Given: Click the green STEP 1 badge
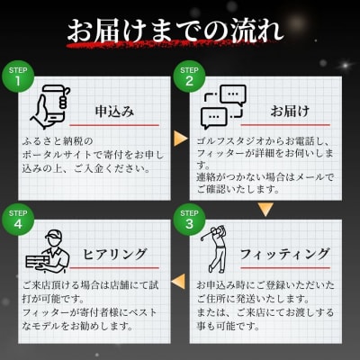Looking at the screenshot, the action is tap(18, 76).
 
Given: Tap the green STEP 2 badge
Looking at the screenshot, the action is tap(189, 76).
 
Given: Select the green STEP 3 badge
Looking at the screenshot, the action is tap(189, 220).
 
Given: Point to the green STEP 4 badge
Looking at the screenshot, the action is tap(18, 220).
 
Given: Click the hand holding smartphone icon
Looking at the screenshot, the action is tap(50, 107).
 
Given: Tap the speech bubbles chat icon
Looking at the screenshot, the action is tap(223, 107).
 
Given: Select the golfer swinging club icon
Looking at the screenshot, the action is tap(214, 249).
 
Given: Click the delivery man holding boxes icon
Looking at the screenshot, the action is tap(48, 251).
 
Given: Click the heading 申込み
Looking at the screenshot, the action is tap(114, 112).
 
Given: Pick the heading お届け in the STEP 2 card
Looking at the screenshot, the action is tap(290, 112).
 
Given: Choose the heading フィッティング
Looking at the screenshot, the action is tap(285, 255).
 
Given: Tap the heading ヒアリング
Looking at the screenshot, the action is tap(114, 255).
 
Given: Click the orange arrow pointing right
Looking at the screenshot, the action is tap(181, 139).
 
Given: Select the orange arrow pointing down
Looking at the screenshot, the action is tap(265, 210).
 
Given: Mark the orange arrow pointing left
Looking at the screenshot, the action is tap(178, 282).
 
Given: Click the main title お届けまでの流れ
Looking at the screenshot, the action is tap(175, 31).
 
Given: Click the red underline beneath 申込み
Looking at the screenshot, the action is tap(114, 125).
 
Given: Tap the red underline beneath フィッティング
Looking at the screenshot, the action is tap(285, 268).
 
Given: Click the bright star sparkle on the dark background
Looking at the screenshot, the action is tap(346, 65).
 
